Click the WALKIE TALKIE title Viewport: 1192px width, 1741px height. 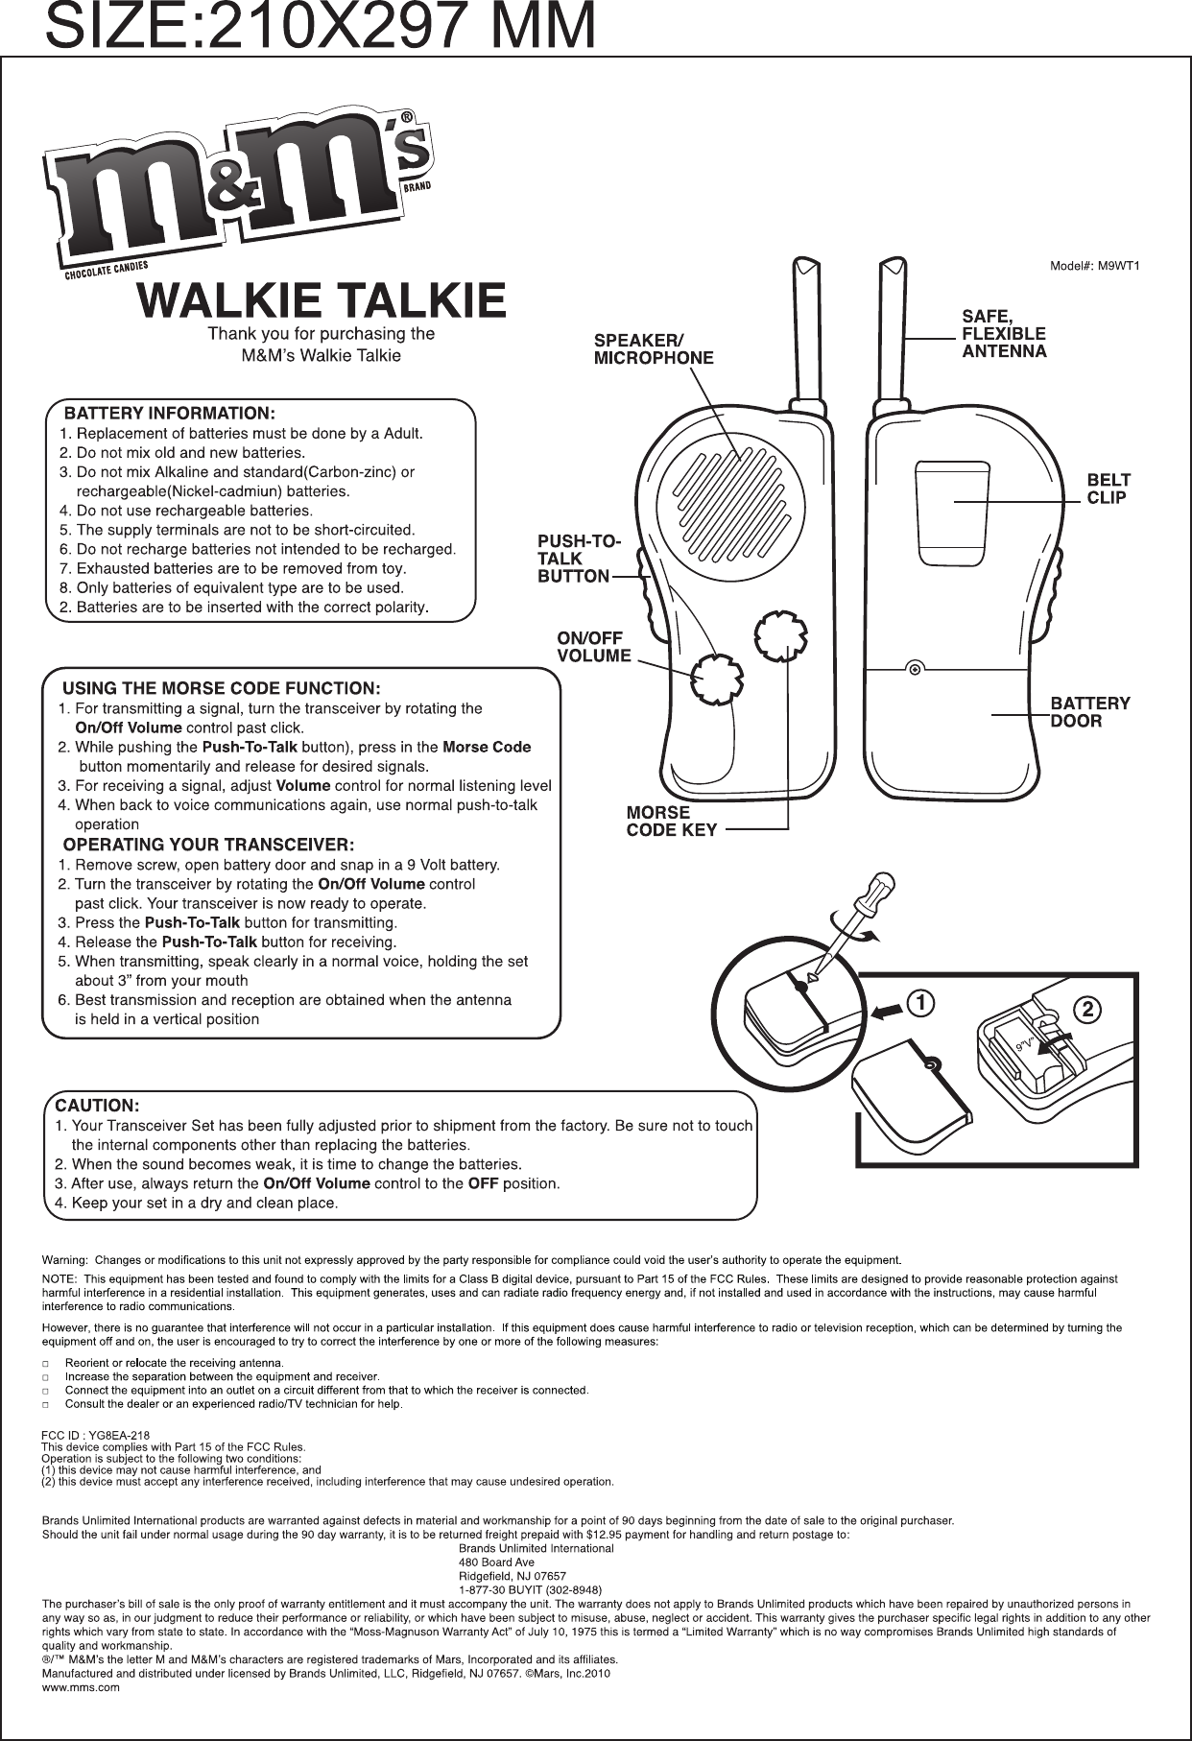pyautogui.click(x=322, y=300)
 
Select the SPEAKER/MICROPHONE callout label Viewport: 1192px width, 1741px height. pyautogui.click(x=654, y=349)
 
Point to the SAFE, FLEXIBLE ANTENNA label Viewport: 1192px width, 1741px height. pyautogui.click(x=1004, y=333)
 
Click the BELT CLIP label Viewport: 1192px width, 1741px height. pyautogui.click(x=1108, y=488)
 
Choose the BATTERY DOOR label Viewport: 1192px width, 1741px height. pyautogui.click(x=1090, y=711)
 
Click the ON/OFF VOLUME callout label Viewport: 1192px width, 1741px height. pyautogui.click(x=594, y=647)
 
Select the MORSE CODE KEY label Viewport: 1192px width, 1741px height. pyautogui.click(x=672, y=822)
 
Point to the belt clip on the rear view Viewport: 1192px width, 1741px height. pyautogui.click(x=951, y=512)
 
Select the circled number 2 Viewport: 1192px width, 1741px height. pyautogui.click(x=1085, y=1009)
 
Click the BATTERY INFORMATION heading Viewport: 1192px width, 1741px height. pyautogui.click(x=170, y=414)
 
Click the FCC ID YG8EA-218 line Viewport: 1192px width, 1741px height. pyautogui.click(x=95, y=1435)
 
